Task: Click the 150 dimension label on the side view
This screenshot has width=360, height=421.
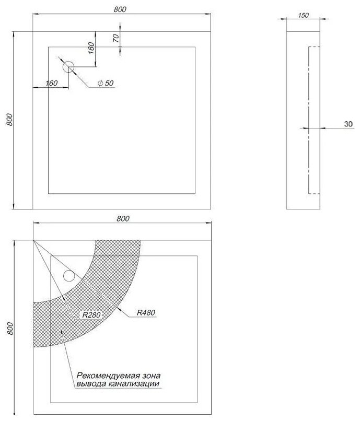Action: point(304,15)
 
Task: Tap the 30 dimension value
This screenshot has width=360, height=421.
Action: point(348,124)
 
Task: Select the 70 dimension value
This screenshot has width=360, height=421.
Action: point(116,38)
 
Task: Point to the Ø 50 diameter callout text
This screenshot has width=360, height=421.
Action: point(106,83)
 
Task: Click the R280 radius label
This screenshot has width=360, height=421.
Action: point(91,314)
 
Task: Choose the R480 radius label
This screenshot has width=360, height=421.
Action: point(146,312)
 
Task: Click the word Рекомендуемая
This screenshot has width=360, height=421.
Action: point(108,376)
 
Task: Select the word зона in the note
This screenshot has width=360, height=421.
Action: point(151,376)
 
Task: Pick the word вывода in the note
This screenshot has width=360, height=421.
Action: point(91,384)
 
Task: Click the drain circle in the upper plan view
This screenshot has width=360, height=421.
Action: point(68,67)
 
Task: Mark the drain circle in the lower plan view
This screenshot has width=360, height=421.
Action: point(69,275)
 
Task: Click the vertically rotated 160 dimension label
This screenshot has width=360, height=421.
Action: point(91,48)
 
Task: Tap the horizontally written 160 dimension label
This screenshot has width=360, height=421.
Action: point(51,83)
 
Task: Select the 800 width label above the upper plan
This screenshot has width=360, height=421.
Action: point(120,9)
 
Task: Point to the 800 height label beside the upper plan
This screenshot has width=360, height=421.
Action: point(9,120)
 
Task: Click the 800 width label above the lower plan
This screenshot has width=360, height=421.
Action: point(123,218)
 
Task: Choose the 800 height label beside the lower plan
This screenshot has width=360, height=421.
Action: point(10,329)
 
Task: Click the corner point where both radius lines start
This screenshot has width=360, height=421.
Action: point(33,240)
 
